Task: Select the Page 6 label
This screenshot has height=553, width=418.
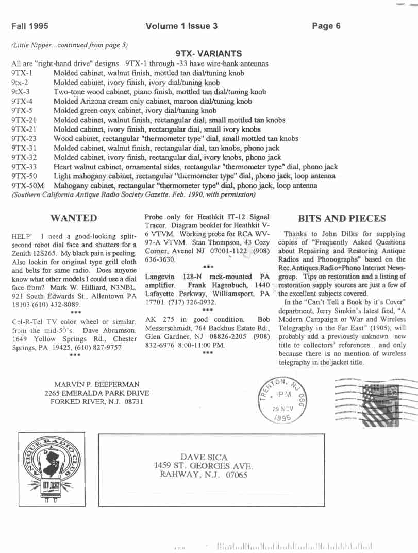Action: point(326,26)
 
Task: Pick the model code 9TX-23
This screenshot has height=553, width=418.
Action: point(24,139)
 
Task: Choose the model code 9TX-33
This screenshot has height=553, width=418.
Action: point(24,167)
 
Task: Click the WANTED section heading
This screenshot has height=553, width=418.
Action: point(74,218)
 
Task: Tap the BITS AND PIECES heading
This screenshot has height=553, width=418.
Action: point(342,219)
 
